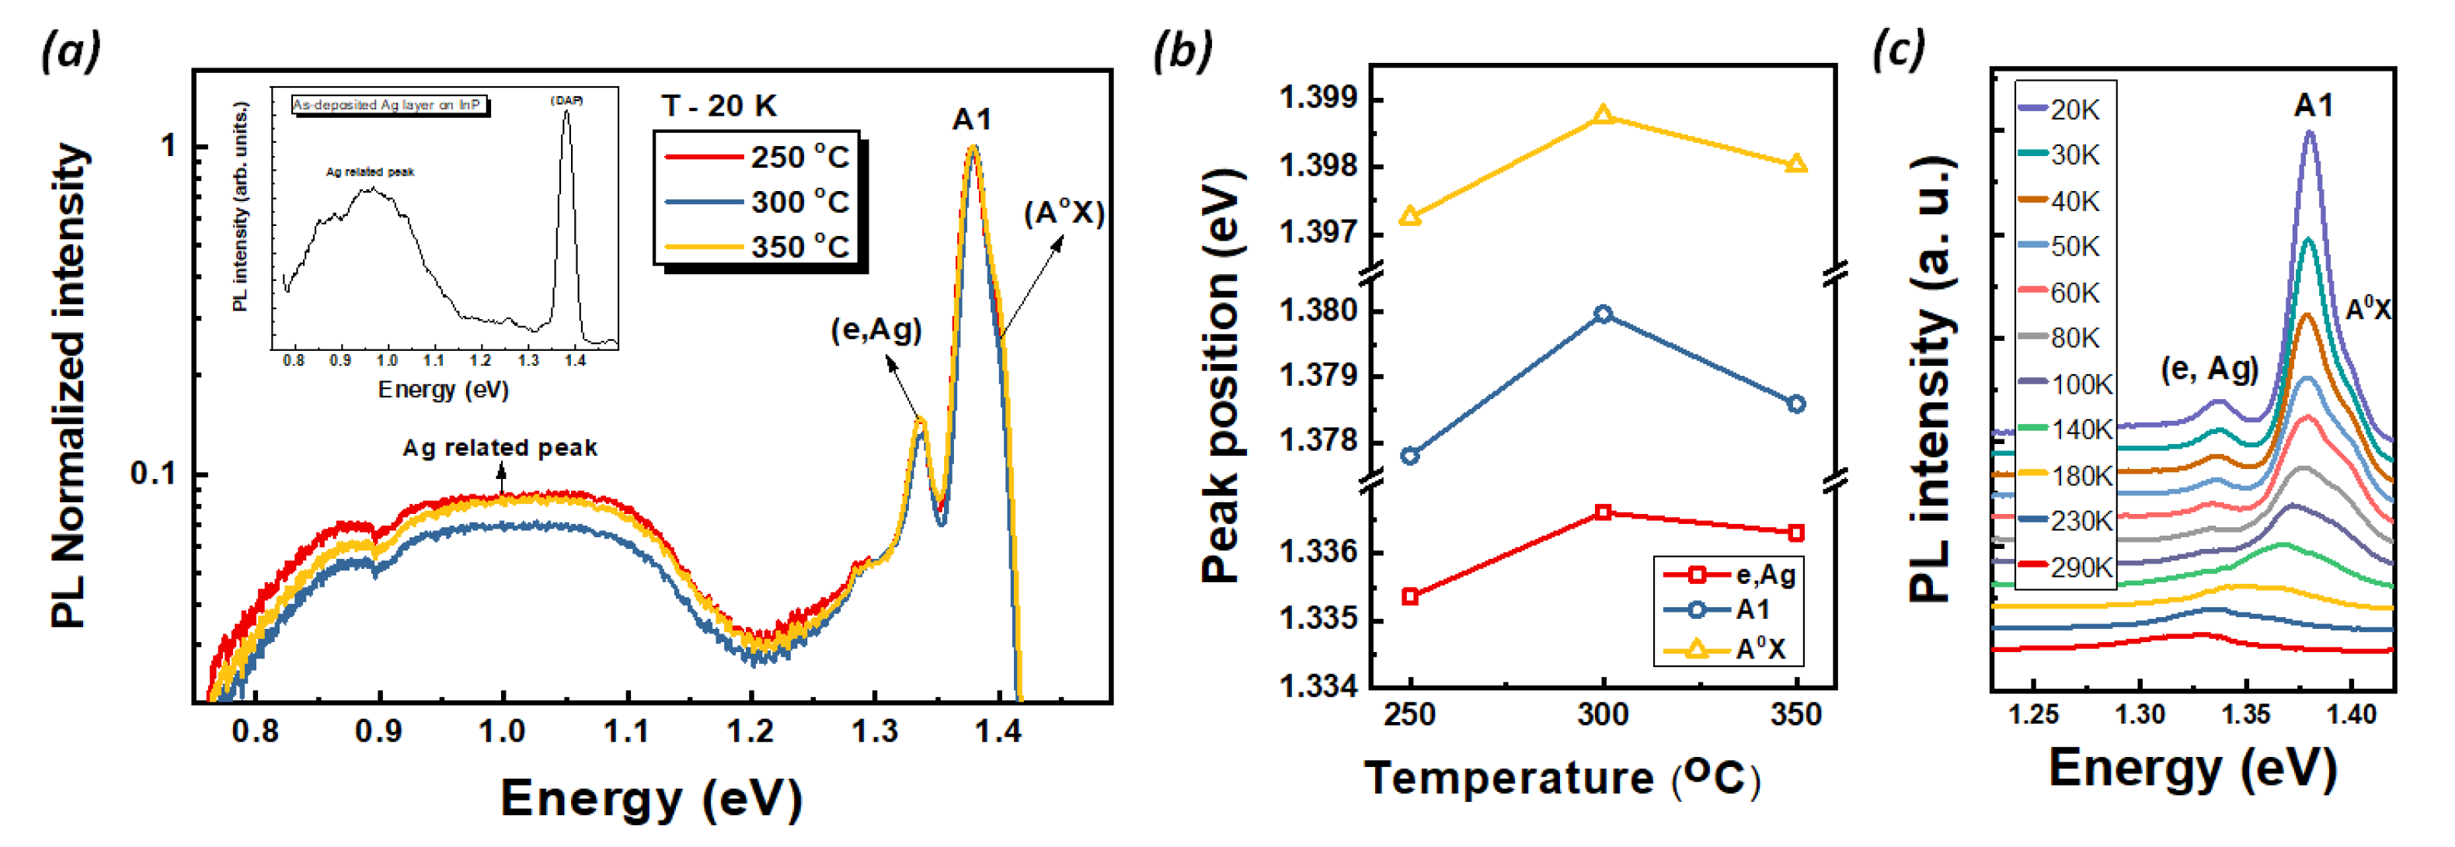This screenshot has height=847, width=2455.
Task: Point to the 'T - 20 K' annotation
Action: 719,106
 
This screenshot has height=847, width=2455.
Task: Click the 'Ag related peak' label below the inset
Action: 500,448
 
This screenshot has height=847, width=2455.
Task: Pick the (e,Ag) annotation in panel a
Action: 876,331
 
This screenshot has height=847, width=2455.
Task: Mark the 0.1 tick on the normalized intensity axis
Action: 154,474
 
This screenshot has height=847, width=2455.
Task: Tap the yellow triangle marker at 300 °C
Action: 1603,115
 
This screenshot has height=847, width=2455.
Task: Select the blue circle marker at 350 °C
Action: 1796,404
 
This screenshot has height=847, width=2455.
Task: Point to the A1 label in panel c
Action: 2314,105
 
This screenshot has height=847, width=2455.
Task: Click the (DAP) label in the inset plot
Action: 566,100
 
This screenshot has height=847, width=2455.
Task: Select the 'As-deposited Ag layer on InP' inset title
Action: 388,105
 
